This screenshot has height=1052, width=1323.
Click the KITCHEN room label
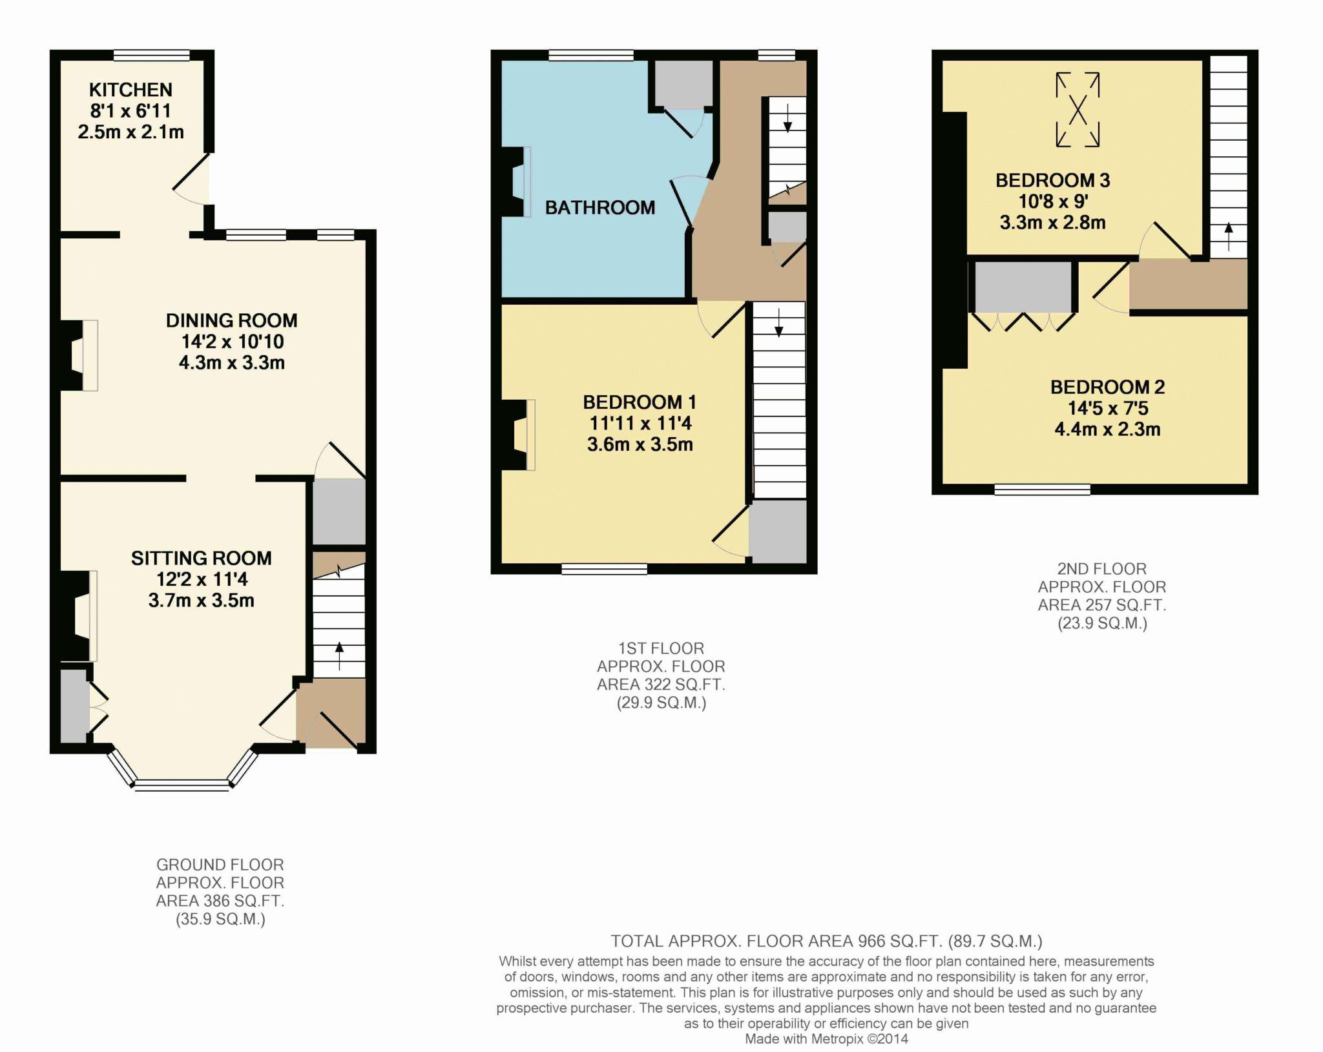point(130,90)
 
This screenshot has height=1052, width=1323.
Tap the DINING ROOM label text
point(232,320)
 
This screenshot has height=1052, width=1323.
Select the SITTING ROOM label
point(202,558)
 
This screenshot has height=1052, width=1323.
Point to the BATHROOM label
point(600,207)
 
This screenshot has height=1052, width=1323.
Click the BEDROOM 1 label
point(640,402)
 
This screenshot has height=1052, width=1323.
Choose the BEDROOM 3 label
point(1053,180)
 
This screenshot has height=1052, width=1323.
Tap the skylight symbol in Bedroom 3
point(1078,110)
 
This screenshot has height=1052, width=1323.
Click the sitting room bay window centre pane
point(182,785)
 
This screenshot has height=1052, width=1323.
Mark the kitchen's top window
point(152,56)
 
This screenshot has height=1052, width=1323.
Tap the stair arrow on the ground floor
point(340,655)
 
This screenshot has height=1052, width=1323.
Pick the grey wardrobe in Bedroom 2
point(1023,287)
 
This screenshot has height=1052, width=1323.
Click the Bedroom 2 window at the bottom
point(1043,490)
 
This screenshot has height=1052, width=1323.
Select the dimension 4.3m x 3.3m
point(232,362)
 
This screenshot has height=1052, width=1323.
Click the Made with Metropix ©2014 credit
point(826,1039)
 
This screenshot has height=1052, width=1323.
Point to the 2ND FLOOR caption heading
point(1102,569)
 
